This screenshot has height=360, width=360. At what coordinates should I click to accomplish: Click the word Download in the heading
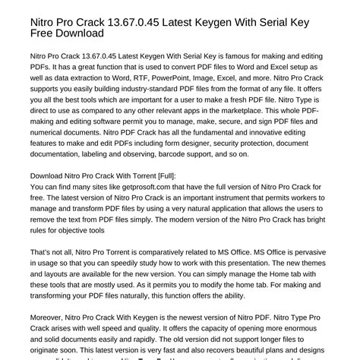point(71,33)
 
